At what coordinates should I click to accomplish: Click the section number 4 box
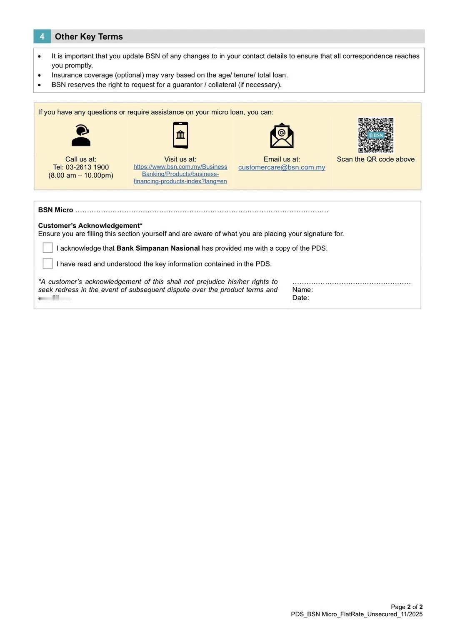point(42,37)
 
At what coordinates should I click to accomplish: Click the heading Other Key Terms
point(89,37)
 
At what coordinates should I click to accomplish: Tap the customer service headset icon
point(81,135)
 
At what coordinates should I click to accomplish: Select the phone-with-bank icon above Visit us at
point(180,135)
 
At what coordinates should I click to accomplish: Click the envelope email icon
point(282,135)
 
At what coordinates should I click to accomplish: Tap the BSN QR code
point(376,135)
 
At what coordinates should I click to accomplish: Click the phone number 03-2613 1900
point(81,167)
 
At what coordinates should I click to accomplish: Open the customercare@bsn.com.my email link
point(282,167)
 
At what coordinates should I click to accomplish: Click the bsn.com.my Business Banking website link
point(180,174)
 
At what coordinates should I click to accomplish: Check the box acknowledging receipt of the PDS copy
point(48,248)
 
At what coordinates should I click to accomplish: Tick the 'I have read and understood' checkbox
point(48,264)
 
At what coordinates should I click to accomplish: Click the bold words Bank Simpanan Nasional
point(158,248)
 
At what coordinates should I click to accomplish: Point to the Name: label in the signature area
point(302,290)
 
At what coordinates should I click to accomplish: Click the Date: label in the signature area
point(300,298)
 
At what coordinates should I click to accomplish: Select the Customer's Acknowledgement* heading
point(90,226)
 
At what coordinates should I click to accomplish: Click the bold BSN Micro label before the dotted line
point(55,210)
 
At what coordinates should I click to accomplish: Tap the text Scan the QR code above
point(376,159)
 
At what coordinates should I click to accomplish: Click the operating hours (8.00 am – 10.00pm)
point(81,175)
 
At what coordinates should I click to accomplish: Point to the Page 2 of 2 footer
point(407,607)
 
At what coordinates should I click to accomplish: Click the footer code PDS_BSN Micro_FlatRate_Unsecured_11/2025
point(357,615)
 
